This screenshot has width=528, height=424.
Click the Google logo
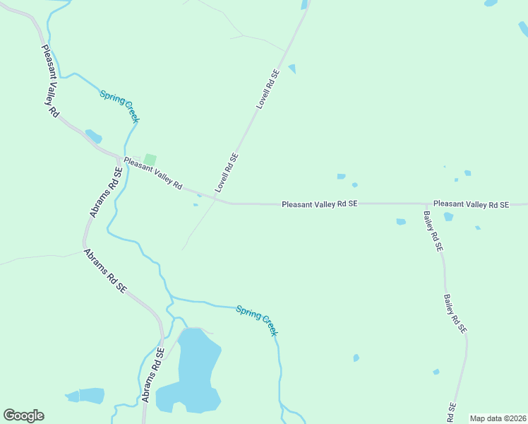[23, 416]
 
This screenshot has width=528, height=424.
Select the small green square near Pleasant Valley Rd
[150, 160]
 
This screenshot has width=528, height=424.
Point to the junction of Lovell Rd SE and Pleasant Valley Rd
[230, 204]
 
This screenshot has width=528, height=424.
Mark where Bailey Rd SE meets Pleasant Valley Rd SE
[426, 204]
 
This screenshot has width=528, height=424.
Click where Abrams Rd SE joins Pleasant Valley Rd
[118, 155]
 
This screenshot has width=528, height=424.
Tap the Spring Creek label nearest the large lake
[257, 320]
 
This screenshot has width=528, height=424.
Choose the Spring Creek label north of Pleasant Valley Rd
[119, 106]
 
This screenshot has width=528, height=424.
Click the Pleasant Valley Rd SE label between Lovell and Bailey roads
[320, 204]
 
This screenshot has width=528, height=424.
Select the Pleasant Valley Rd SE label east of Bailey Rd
[471, 204]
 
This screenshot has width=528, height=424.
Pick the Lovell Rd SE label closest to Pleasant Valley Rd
[227, 173]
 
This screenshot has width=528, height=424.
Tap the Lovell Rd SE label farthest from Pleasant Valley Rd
[268, 88]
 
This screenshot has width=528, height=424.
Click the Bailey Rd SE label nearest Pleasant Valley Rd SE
[433, 231]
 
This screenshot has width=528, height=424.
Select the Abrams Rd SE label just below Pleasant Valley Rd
[103, 192]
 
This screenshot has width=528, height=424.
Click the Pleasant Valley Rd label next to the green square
[153, 173]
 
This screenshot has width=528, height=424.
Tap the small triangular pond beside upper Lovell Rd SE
[292, 69]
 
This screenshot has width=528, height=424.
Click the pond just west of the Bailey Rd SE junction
[401, 221]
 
